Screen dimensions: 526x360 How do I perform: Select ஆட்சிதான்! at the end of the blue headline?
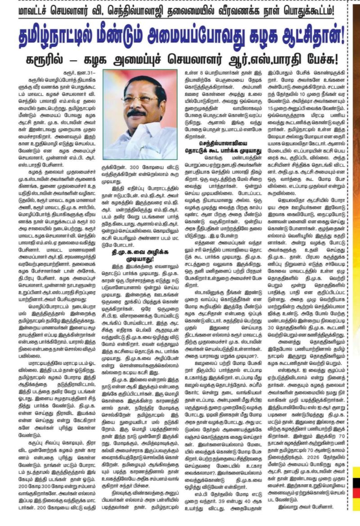pyautogui.click(x=303, y=34)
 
